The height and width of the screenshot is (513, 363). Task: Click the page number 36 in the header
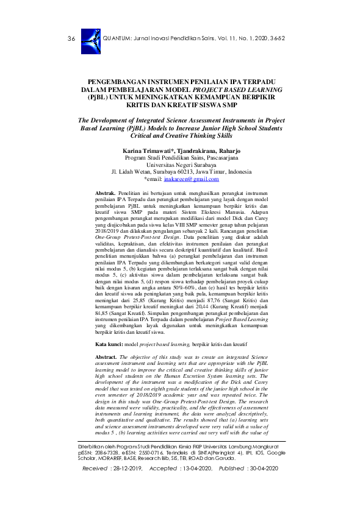coord(71,38)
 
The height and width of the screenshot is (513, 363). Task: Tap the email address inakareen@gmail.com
coord(194,179)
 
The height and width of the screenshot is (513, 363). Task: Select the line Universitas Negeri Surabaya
coord(181,164)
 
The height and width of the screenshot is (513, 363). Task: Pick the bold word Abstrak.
coord(108,193)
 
